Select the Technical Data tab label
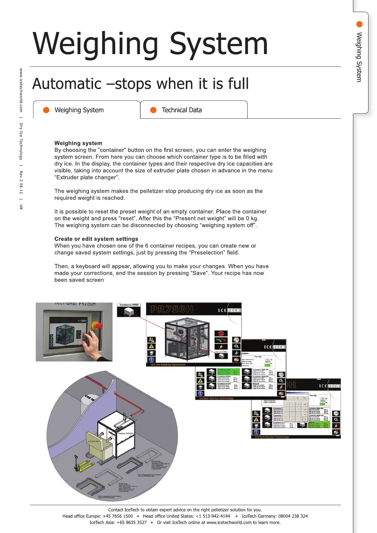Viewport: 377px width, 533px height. tap(181, 110)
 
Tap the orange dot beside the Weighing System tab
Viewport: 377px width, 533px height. tap(46, 110)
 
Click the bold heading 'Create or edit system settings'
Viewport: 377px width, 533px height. tap(96, 239)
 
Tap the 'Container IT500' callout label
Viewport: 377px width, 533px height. tap(129, 305)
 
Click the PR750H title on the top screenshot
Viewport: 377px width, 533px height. tap(172, 309)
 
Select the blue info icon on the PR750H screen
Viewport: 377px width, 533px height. tap(152, 360)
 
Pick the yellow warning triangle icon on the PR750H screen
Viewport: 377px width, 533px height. tap(152, 346)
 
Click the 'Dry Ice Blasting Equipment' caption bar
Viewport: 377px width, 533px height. tap(168, 365)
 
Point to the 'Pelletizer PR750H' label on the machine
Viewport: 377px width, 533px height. tap(126, 433)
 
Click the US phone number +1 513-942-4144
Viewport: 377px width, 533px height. tap(213, 516)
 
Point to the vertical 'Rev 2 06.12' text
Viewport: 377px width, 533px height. tap(21, 182)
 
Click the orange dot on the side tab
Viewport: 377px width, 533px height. tap(359, 24)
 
